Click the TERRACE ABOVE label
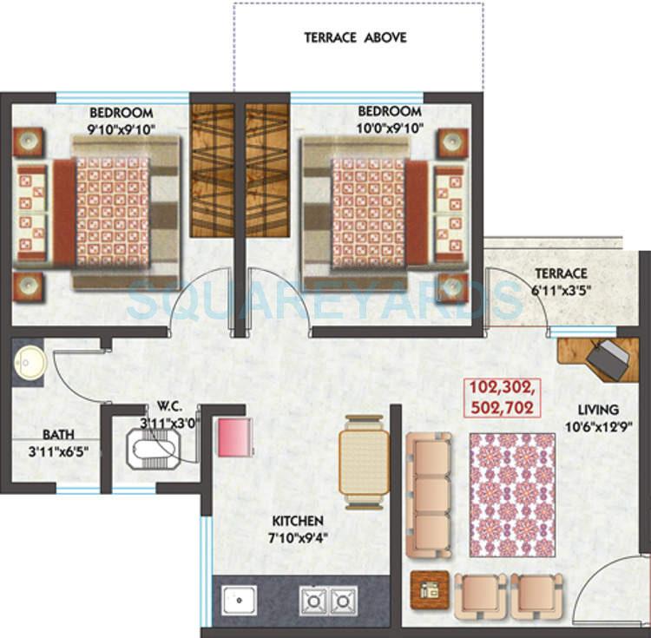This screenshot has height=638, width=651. point(355,38)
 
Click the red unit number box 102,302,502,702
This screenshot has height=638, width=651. point(500,396)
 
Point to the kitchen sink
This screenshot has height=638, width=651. point(236,600)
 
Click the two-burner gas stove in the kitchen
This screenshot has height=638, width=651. point(329,600)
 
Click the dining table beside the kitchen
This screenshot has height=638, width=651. point(364,462)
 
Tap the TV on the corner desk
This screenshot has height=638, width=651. point(611,358)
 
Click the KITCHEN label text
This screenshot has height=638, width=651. point(298,521)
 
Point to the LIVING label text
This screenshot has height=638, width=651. point(599,409)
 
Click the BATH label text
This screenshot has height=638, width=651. point(59,434)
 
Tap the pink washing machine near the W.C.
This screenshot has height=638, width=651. point(235,436)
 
